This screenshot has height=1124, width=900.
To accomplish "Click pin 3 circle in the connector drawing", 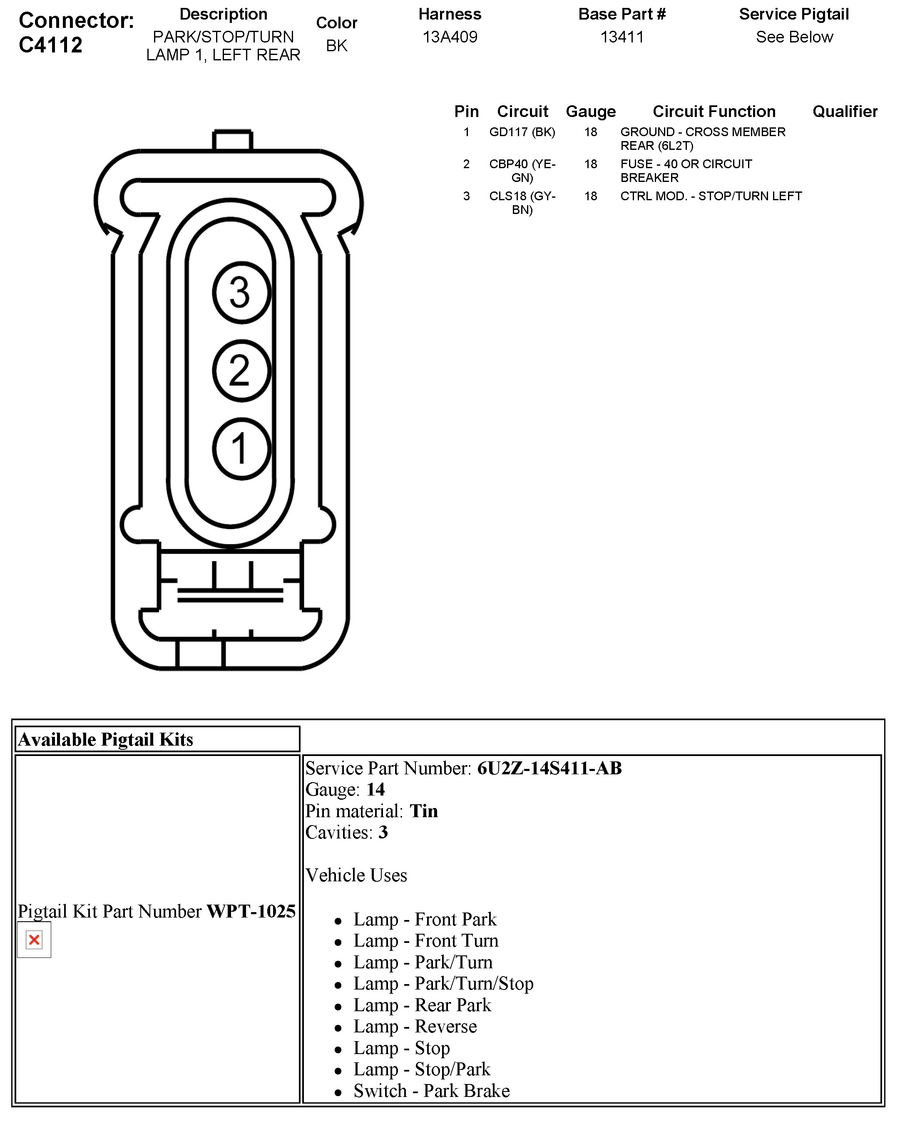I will tap(241, 293).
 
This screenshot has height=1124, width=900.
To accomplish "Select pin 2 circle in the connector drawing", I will tap(241, 371).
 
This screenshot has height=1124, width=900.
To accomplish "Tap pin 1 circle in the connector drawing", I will tap(241, 449).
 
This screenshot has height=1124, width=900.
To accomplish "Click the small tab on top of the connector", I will tap(233, 140).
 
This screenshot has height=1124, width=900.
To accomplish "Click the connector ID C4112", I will tap(51, 45).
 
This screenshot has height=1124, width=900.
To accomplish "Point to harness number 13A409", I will tap(450, 37).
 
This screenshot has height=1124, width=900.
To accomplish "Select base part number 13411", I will tap(622, 37).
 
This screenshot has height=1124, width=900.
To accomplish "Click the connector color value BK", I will tap(336, 46).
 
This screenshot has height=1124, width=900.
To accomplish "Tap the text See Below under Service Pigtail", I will tap(794, 37).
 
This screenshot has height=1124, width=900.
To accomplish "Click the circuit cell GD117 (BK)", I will tap(522, 132).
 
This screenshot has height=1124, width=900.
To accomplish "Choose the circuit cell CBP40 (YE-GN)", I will tap(522, 171).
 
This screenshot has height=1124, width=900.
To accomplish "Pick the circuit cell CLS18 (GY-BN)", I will tap(522, 203).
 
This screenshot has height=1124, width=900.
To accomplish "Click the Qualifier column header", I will tap(845, 111).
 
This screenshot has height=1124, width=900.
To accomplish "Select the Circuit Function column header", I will tap(714, 111).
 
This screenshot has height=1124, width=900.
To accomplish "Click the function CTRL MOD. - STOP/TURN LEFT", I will tap(711, 196).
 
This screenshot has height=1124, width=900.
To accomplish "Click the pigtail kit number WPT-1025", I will tap(251, 911).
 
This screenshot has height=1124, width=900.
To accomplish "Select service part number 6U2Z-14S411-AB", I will tap(549, 768).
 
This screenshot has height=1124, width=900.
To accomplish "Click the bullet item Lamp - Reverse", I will tap(415, 1026).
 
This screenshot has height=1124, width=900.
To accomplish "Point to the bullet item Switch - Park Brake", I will tap(431, 1091).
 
